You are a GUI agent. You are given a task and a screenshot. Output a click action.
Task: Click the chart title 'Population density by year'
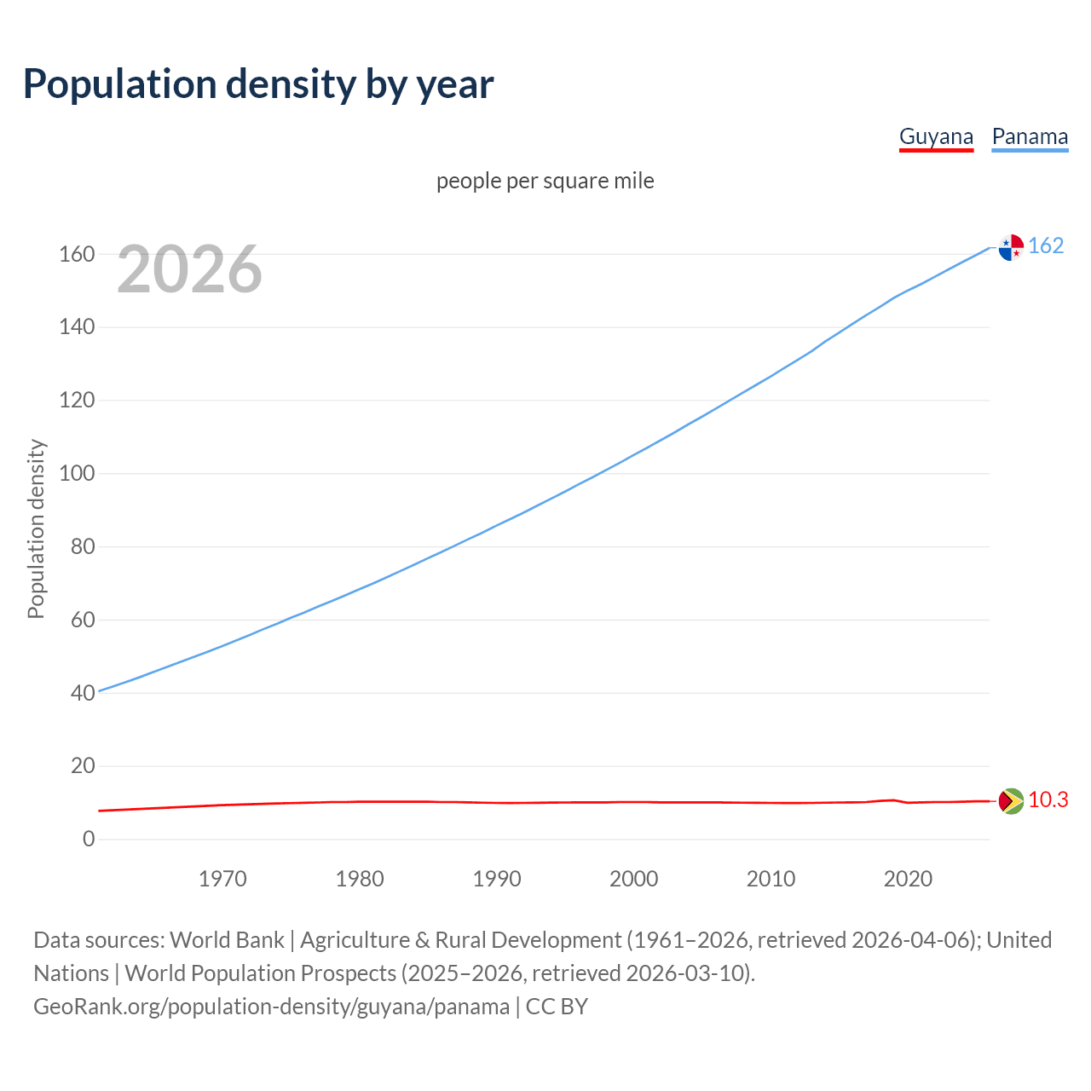coord(258,84)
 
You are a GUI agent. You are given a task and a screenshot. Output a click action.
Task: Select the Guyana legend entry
coord(936,137)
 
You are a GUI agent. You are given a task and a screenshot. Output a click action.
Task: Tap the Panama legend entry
coord(1030,137)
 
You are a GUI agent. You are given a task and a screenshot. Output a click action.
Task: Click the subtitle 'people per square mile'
coord(545,182)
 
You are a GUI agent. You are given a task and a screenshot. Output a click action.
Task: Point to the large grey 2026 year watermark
coord(189,269)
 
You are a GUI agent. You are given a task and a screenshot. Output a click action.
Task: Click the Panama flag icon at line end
coord(1011,247)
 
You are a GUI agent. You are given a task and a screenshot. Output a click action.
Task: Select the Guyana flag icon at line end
coord(1011,801)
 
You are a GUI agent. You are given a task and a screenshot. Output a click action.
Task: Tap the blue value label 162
coord(1046,246)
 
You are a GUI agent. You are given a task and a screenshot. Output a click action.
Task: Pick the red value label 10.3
coord(1048,800)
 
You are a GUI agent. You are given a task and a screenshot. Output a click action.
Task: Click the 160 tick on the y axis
coord(77,255)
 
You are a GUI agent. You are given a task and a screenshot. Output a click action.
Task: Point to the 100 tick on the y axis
coord(77,474)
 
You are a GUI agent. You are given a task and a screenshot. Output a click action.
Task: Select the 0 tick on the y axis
coord(89,840)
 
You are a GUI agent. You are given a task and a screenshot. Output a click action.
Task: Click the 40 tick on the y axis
coord(83,693)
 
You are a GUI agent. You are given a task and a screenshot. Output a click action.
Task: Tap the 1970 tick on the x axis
coord(222,879)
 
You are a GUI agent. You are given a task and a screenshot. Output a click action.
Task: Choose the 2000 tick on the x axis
coord(633,879)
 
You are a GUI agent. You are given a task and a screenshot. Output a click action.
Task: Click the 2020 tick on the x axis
coord(908,879)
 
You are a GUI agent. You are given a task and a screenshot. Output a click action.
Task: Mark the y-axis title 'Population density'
coord(36,528)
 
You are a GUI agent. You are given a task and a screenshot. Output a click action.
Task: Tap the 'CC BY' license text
coord(557,1007)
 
